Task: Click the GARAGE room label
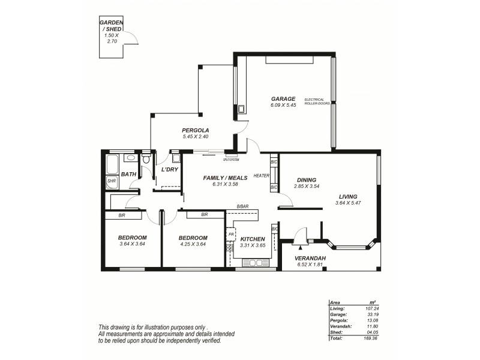tap(283, 98)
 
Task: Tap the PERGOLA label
tap(196, 130)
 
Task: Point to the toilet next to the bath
tap(146, 160)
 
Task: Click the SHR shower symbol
tap(112, 181)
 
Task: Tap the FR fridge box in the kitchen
tap(230, 234)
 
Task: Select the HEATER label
tap(261, 176)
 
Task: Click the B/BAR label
tap(242, 206)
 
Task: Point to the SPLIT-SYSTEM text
tap(231, 160)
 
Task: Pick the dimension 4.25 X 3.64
tap(193, 244)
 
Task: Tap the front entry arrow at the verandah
tap(298, 244)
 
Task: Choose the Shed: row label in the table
tap(336, 332)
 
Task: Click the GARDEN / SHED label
tap(111, 27)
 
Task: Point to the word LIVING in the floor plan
tap(347, 196)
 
